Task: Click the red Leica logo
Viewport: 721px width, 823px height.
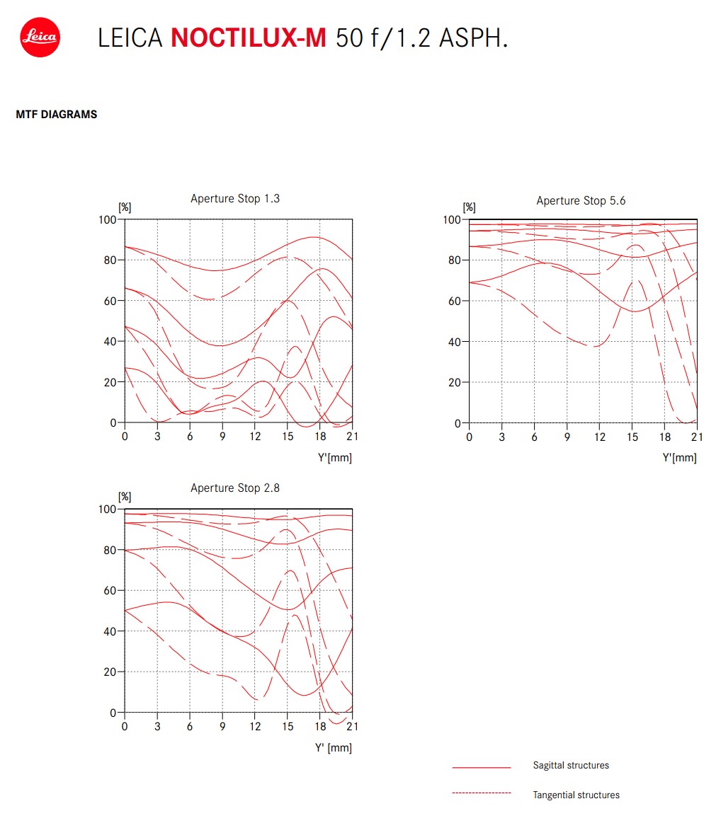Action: [40, 38]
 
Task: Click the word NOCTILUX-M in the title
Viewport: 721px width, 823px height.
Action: [249, 38]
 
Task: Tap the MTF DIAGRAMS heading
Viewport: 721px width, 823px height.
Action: [56, 115]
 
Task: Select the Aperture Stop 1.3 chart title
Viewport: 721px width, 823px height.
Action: [234, 198]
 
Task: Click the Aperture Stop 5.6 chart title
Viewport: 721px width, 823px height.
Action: [581, 200]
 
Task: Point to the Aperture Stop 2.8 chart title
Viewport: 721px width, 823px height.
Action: [234, 488]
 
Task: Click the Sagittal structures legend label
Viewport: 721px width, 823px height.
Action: [571, 765]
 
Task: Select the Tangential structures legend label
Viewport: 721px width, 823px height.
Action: [576, 795]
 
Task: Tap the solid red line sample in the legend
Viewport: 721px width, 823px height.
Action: [482, 767]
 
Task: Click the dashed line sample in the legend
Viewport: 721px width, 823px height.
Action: [482, 793]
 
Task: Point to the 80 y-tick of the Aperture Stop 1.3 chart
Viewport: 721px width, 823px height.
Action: [110, 260]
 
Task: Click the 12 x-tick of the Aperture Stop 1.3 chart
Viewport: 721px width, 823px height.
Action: [255, 436]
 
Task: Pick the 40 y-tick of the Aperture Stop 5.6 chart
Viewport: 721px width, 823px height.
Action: [454, 342]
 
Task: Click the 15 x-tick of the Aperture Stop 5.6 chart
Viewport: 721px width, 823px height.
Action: [632, 437]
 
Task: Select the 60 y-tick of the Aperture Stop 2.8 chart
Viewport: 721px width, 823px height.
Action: [110, 590]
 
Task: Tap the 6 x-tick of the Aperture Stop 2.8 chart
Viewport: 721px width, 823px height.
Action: [190, 727]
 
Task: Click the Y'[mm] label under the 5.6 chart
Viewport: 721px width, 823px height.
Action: [679, 457]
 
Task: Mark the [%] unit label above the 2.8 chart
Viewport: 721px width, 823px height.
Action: [125, 497]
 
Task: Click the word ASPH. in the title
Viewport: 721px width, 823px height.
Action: [474, 38]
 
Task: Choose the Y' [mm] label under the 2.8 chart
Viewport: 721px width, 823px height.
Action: [334, 747]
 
